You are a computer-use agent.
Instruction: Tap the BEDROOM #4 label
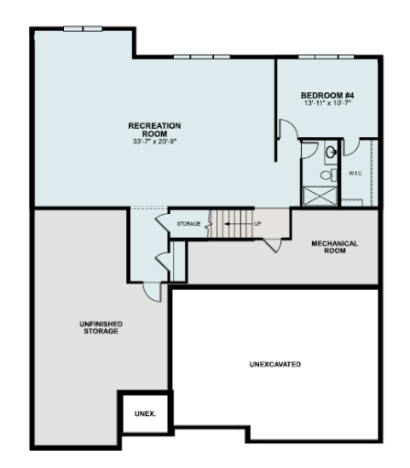tap(328, 95)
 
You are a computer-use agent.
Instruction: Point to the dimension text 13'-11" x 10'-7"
tap(328, 103)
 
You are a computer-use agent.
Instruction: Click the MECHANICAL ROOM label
tap(335, 247)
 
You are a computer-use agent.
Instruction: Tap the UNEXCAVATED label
tap(275, 364)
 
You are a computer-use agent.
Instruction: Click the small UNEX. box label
tap(145, 413)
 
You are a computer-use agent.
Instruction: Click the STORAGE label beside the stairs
tap(189, 222)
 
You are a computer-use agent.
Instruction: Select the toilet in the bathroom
tap(324, 174)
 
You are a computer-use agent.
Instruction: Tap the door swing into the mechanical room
tap(272, 243)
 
